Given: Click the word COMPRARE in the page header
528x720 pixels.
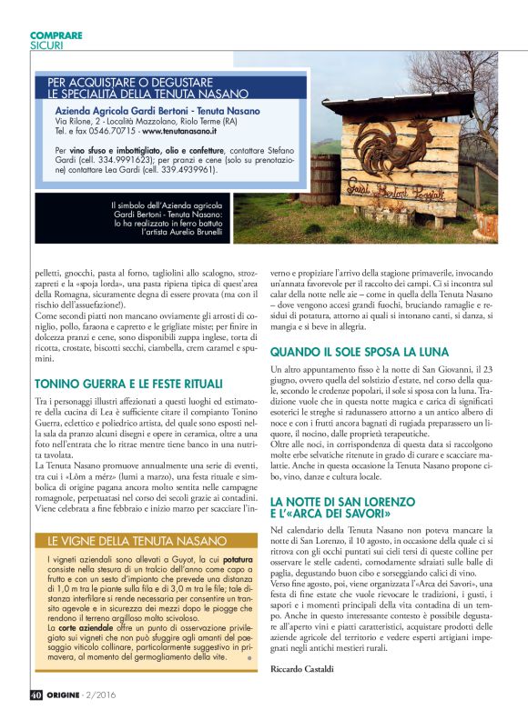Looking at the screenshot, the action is coord(56,35).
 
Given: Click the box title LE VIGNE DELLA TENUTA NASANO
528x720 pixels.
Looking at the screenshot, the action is coord(126,539).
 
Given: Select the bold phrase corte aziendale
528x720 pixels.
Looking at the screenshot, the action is coord(83,628).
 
